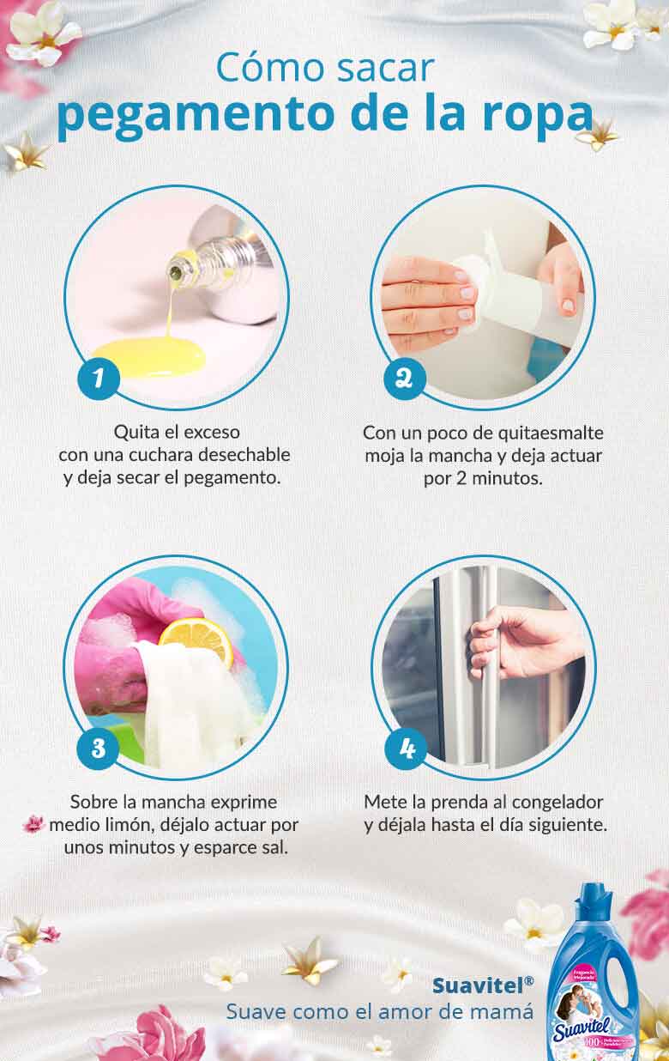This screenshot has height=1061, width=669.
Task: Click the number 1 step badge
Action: pos(98,379)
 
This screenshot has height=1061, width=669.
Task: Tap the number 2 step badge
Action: pos(405,379)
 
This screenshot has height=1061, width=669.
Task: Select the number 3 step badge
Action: pos(98,749)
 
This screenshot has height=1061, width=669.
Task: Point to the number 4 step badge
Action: pos(405,749)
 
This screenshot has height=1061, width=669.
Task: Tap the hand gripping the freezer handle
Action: pos(515,640)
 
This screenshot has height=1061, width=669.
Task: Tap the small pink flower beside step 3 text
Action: pos(33,825)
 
